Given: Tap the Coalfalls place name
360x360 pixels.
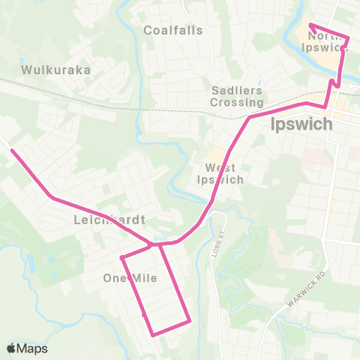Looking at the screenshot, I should point(173,31).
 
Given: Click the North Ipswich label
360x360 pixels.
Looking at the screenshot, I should point(328,41).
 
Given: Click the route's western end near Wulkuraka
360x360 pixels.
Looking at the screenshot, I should point(12,151).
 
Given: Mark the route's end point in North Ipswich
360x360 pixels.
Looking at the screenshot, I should point(310,25).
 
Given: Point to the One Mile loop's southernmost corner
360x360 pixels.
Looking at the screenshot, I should point(153,334).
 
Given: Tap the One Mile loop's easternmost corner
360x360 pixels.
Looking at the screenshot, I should point(190,322).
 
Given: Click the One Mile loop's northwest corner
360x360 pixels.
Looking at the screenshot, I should point(122,258).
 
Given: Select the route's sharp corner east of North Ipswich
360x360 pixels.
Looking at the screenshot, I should point(349,37).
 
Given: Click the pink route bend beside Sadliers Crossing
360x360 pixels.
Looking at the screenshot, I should point(250,118).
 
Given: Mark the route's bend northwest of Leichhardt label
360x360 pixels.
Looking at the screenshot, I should point(51,197).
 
